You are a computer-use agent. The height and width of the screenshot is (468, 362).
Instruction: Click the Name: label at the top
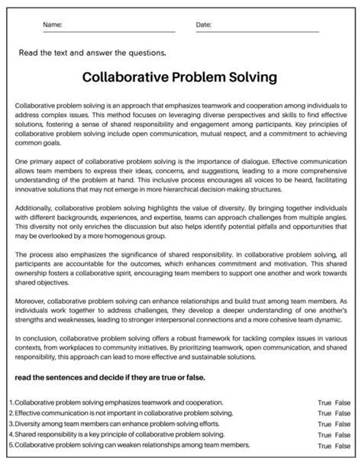point(53,25)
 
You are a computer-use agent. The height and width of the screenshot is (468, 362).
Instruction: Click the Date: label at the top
point(204,25)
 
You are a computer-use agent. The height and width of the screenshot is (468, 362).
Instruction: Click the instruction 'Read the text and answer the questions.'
point(92,53)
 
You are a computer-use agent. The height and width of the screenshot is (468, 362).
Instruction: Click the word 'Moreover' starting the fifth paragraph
point(31,291)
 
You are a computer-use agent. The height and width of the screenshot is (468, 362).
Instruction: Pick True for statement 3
point(325,424)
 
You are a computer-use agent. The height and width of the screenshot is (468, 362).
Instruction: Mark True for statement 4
point(325,434)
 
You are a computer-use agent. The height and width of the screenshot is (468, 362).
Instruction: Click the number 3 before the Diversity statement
point(11,424)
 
